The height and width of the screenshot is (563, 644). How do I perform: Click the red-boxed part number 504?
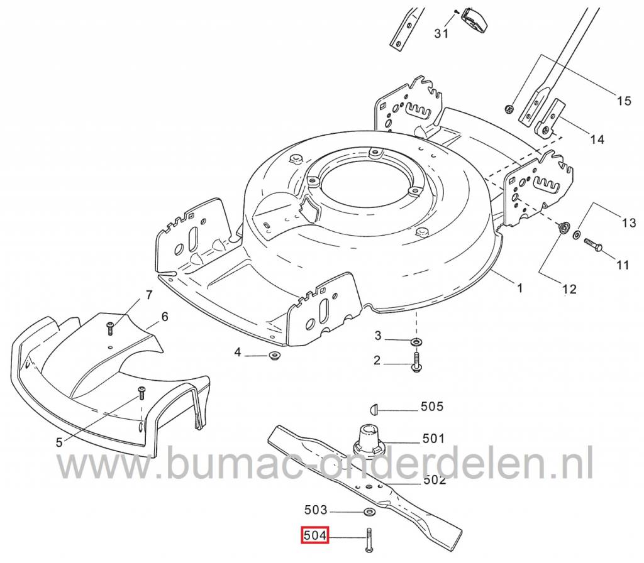[x=315, y=535]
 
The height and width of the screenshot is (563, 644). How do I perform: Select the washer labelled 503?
[x=369, y=512]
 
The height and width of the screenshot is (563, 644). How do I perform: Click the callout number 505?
[x=432, y=407]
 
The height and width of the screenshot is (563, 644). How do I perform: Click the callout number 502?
[x=434, y=479]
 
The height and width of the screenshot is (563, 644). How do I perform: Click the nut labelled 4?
[x=273, y=354]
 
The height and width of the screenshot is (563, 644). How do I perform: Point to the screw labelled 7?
[x=110, y=327]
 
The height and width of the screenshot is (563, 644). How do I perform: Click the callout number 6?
[x=165, y=317]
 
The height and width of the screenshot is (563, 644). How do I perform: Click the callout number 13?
[x=629, y=223]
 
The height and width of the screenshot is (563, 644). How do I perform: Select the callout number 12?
[x=569, y=289]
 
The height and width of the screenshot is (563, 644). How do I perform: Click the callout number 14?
[x=597, y=139]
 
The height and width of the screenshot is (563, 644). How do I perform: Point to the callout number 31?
[x=441, y=33]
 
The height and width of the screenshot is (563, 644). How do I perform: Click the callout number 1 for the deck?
[x=520, y=288]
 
